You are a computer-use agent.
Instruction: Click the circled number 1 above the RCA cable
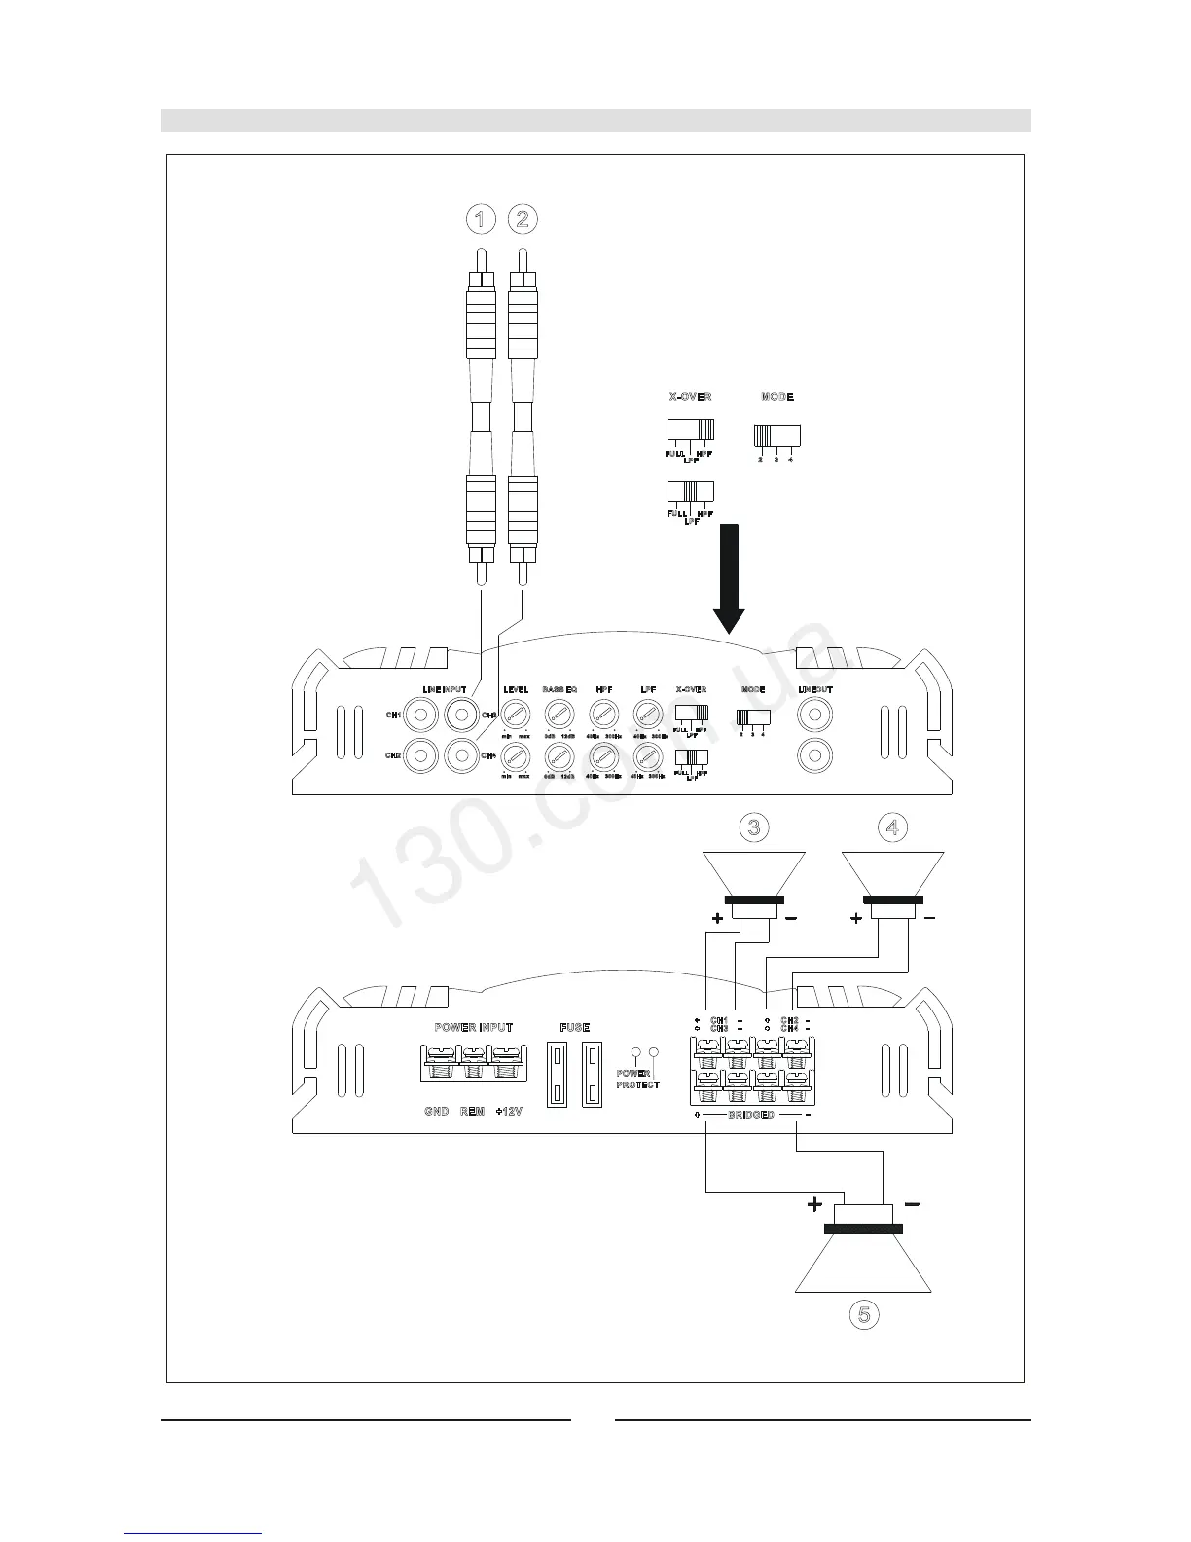[x=479, y=219]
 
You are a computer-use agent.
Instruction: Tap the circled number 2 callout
[x=523, y=219]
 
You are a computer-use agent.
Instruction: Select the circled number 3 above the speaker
[x=753, y=827]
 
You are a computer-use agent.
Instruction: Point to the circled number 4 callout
[x=892, y=827]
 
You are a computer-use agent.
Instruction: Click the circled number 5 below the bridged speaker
[x=863, y=1314]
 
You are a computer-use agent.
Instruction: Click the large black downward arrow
[x=729, y=580]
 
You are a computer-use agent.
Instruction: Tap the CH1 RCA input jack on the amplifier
[x=420, y=716]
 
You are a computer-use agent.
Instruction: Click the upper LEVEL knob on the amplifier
[x=515, y=716]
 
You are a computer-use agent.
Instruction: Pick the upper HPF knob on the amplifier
[x=603, y=716]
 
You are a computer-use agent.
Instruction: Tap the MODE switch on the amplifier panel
[x=752, y=716]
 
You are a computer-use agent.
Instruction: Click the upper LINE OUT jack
[x=815, y=716]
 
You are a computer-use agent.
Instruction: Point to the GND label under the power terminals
[x=436, y=1112]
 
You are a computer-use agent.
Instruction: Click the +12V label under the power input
[x=508, y=1112]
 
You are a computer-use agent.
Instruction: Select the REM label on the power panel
[x=472, y=1112]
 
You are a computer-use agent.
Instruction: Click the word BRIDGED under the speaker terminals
[x=751, y=1115]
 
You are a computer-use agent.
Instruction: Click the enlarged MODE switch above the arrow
[x=776, y=435]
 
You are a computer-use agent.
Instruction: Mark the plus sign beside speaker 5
[x=814, y=1205]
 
